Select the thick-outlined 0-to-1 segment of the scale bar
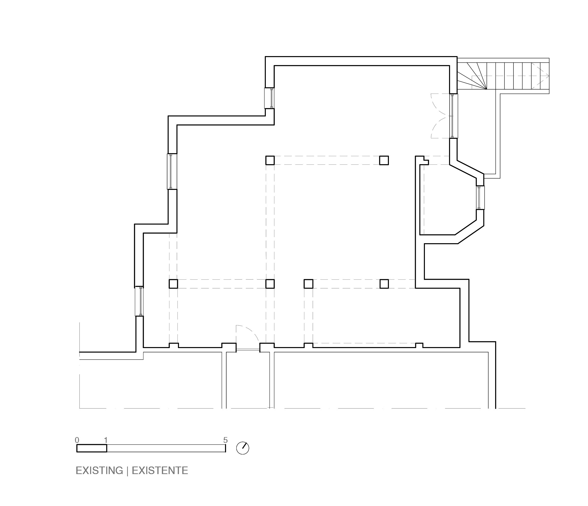[92, 448]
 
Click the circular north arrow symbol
[243, 448]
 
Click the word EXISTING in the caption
[99, 471]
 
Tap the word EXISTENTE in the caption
[160, 471]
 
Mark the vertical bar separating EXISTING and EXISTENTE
[127, 471]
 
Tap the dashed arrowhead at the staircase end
[545, 76]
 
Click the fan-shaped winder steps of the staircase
[472, 76]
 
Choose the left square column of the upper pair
[270, 160]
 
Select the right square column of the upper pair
[384, 160]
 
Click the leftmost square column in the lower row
[173, 284]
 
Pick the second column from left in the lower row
[270, 284]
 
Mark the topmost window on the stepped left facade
[270, 98]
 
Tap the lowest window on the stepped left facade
[139, 301]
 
